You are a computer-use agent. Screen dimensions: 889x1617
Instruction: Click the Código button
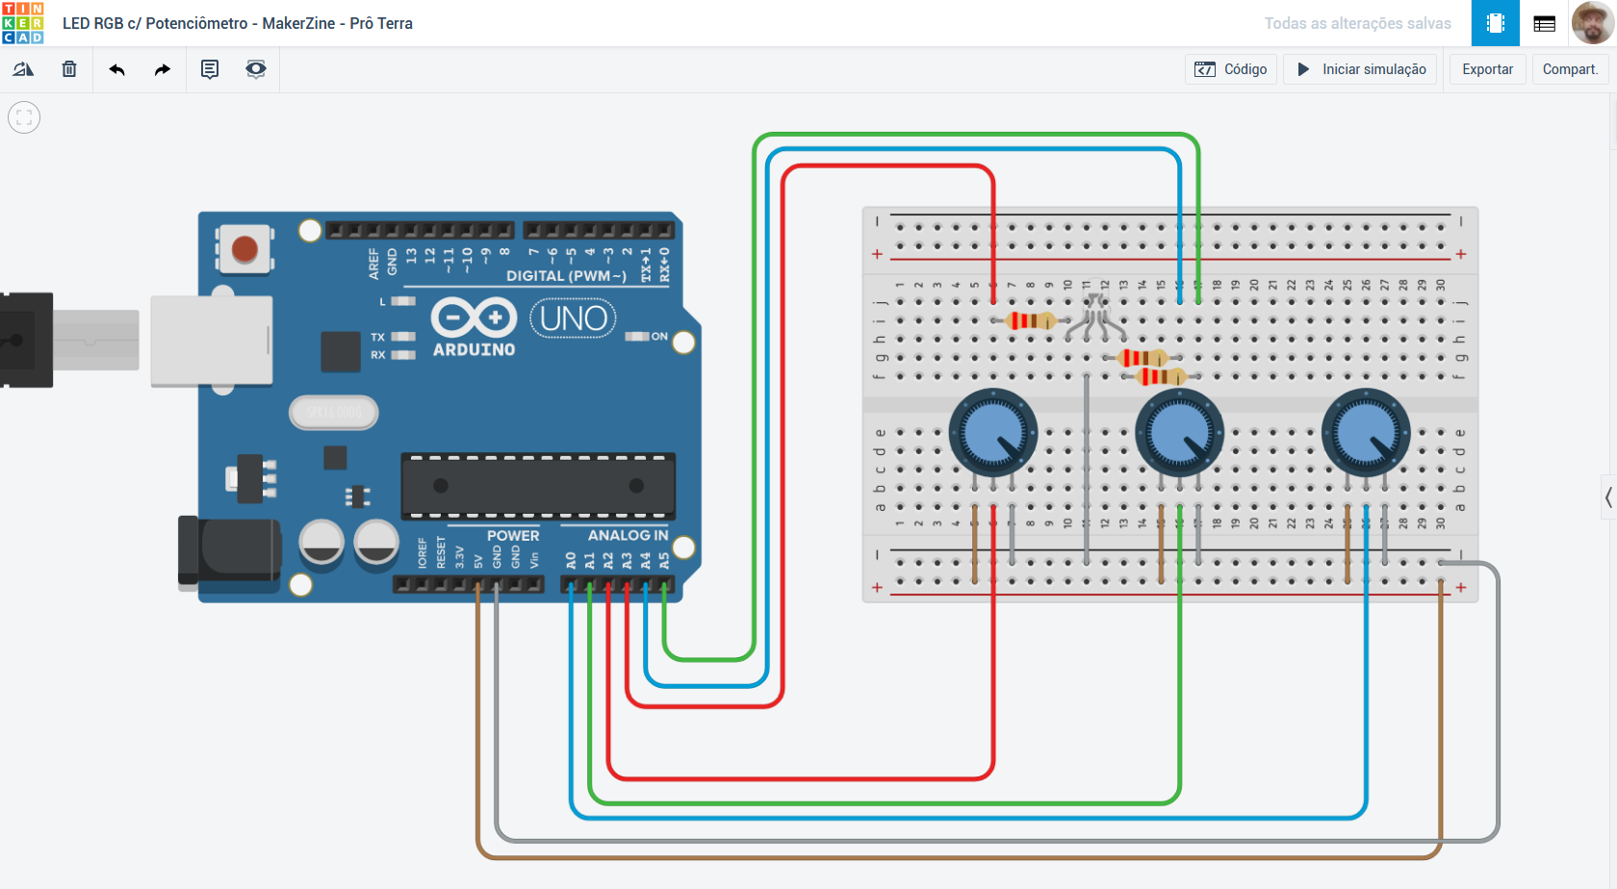pyautogui.click(x=1231, y=69)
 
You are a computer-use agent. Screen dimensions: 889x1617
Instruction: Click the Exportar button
pyautogui.click(x=1487, y=69)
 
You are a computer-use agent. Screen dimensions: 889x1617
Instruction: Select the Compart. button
pyautogui.click(x=1570, y=69)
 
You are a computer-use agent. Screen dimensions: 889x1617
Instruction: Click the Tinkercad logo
pyautogui.click(x=23, y=23)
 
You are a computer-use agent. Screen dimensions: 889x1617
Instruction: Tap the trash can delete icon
pyautogui.click(x=69, y=69)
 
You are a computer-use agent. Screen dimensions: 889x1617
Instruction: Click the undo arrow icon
pyautogui.click(x=116, y=69)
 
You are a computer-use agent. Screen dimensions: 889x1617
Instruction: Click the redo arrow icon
pyautogui.click(x=163, y=69)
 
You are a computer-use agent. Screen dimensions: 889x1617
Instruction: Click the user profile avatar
pyautogui.click(x=1593, y=23)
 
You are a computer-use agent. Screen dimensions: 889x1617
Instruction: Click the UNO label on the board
pyautogui.click(x=573, y=318)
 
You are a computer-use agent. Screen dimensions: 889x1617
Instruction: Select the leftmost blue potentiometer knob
pyautogui.click(x=992, y=433)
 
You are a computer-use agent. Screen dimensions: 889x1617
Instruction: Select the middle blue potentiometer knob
pyautogui.click(x=1179, y=433)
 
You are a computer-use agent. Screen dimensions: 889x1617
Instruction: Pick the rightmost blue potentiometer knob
pyautogui.click(x=1365, y=433)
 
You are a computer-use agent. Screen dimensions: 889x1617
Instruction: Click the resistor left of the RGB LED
pyautogui.click(x=1031, y=320)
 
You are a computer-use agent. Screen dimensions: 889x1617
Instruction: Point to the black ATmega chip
pyautogui.click(x=538, y=486)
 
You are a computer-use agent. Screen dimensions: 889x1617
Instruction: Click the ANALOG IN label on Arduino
pyautogui.click(x=628, y=535)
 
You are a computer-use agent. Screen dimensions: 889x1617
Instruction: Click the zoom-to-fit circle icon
pyautogui.click(x=24, y=117)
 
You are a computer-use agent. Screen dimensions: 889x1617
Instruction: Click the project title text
pyautogui.click(x=238, y=23)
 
